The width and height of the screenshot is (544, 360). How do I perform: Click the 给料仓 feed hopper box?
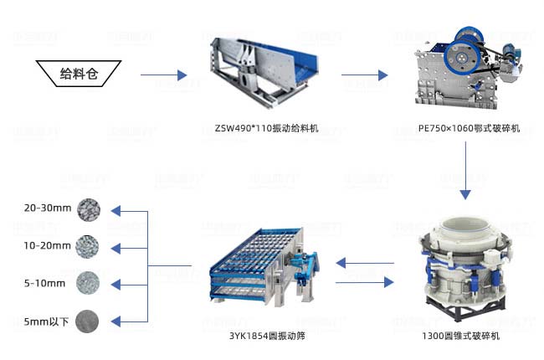[79, 74]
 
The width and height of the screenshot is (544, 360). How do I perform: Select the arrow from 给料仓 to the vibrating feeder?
[164, 75]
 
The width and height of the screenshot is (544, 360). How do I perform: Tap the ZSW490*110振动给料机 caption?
[266, 128]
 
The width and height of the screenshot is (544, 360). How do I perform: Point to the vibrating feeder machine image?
[264, 71]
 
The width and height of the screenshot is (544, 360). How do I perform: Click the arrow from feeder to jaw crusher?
[365, 75]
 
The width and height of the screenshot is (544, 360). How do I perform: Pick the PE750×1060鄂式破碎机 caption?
[469, 128]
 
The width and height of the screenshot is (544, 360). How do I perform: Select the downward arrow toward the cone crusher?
[465, 171]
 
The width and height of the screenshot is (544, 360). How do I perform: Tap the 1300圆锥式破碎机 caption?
[461, 336]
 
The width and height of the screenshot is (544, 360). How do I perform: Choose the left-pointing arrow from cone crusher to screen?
[365, 263]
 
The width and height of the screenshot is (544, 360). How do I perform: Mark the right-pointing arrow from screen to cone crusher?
[365, 282]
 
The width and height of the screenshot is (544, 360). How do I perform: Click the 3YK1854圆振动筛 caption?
[267, 336]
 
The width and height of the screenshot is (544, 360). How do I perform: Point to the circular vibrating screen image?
[264, 266]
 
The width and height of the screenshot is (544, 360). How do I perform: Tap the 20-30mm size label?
[48, 208]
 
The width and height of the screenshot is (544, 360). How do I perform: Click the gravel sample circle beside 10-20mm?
[87, 246]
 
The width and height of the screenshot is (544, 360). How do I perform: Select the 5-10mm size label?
[44, 283]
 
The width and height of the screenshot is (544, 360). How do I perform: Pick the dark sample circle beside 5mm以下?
[87, 321]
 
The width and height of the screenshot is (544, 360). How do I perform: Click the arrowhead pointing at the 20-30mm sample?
[115, 211]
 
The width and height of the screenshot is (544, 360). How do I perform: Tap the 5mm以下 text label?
[46, 321]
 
